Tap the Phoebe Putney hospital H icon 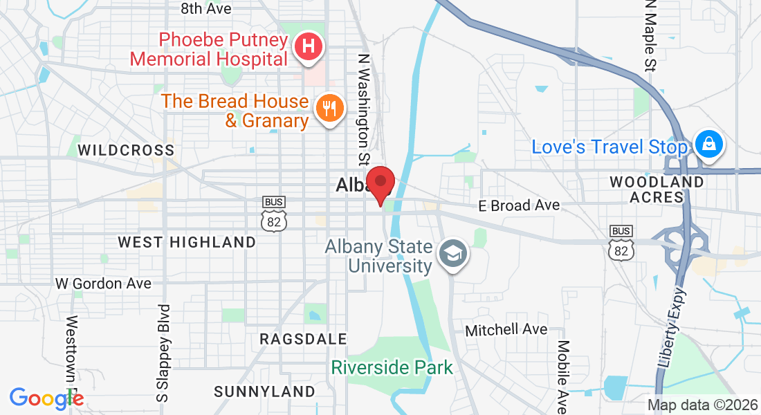pyautogui.click(x=309, y=48)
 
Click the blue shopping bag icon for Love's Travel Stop pyautogui.click(x=709, y=145)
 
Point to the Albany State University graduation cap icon pyautogui.click(x=454, y=255)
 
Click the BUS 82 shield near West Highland pyautogui.click(x=274, y=214)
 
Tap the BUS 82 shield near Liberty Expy pyautogui.click(x=621, y=242)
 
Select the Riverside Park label pyautogui.click(x=392, y=367)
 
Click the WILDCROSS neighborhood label pyautogui.click(x=126, y=150)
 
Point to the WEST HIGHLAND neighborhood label pyautogui.click(x=187, y=242)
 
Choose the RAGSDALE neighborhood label pyautogui.click(x=303, y=339)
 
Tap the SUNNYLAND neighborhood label pyautogui.click(x=264, y=391)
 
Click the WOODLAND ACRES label pyautogui.click(x=657, y=190)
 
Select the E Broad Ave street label pyautogui.click(x=519, y=205)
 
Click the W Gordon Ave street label pyautogui.click(x=103, y=284)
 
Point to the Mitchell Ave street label pyautogui.click(x=506, y=330)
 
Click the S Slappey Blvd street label pyautogui.click(x=163, y=353)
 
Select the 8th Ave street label pyautogui.click(x=205, y=9)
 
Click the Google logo pyautogui.click(x=46, y=398)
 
